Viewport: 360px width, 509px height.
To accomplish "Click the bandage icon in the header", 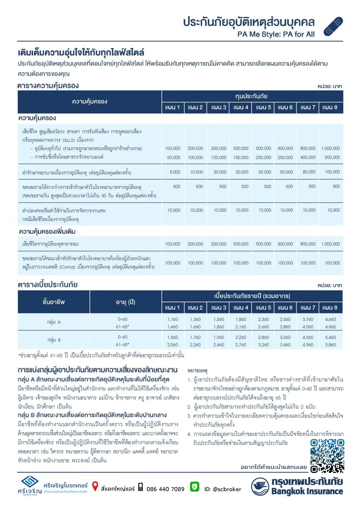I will pos(333,26).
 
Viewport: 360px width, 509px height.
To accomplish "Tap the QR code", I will pos(327,455).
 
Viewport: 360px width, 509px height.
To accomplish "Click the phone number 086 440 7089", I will pos(165,489).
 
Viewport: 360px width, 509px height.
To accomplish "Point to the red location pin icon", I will pos(95,486).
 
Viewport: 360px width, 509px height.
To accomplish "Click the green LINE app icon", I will pos(194,487).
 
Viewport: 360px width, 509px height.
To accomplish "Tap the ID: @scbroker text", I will pos(222,489).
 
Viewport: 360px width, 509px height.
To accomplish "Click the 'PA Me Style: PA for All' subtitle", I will pos(276,34).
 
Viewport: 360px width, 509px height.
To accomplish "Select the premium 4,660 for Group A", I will pos(330,319).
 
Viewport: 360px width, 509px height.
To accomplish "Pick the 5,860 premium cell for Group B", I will pos(330,344).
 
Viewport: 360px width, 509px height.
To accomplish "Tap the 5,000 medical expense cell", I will pos(175,172).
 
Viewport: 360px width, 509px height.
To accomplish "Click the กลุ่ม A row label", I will pos(54,322).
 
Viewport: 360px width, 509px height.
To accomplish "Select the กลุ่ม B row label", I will pos(54,340).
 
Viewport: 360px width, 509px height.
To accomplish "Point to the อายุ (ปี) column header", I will pos(125,302).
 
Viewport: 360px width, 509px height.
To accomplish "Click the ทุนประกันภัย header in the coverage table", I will pos(251,96).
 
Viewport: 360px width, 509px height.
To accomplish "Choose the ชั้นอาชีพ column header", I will pos(54,302).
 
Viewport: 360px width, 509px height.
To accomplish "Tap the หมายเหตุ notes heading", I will pos(197,371).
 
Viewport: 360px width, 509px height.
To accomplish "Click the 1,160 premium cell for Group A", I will pos(173,319).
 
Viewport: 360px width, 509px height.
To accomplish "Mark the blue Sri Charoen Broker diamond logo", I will pos(30,482).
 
